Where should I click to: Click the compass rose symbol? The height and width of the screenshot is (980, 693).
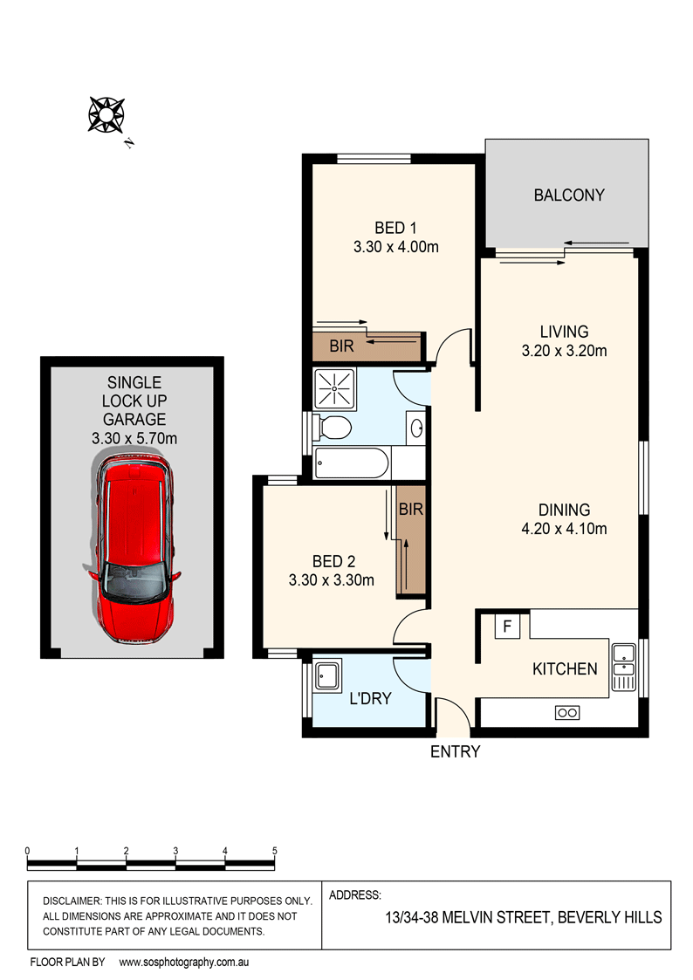click(106, 114)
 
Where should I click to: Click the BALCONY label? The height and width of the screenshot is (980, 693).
click(568, 195)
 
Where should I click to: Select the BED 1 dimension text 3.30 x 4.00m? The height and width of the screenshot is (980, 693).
click(395, 247)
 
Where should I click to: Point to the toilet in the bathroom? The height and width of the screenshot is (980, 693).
click(333, 428)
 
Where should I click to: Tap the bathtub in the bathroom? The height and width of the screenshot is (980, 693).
click(350, 463)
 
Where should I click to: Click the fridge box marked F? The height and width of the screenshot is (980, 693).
click(507, 625)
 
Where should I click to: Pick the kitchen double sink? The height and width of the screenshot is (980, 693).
click(624, 668)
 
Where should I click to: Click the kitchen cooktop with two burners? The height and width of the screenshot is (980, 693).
click(566, 713)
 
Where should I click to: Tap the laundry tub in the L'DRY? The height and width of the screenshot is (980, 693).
click(328, 675)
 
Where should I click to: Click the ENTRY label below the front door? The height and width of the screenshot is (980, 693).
click(455, 751)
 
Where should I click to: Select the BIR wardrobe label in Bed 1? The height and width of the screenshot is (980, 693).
click(341, 346)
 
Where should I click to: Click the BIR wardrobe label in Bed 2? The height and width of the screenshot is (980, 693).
click(410, 510)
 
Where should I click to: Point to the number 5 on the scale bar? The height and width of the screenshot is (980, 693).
click(274, 850)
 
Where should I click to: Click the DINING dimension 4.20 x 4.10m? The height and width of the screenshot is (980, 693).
click(564, 528)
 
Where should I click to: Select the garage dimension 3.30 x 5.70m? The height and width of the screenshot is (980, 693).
click(134, 438)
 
